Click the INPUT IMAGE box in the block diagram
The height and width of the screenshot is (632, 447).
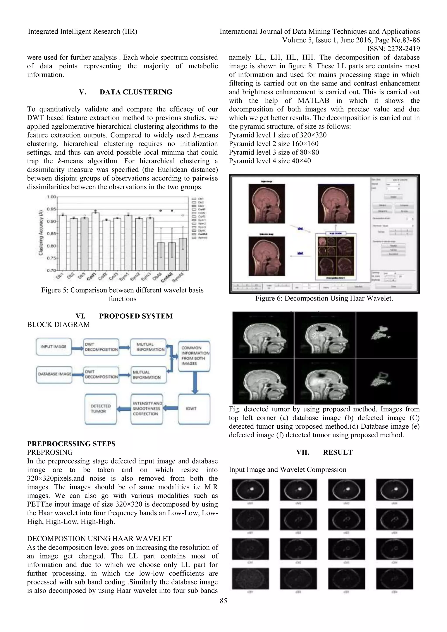coord(54,347)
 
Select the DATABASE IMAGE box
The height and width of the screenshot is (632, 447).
coord(54,374)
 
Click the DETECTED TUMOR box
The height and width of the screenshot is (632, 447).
coord(101,409)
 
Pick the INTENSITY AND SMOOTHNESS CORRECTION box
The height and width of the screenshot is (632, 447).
coord(147,409)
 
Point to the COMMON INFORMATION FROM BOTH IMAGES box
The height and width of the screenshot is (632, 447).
coord(194,356)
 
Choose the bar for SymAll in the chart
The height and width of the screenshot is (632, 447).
coord(183,254)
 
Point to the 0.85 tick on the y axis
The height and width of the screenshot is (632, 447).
coord(51,234)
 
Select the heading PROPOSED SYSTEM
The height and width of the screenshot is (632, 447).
coord(136,316)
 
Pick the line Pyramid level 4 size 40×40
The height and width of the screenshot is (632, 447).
coord(270,161)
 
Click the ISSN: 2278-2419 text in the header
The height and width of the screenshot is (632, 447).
coord(393,49)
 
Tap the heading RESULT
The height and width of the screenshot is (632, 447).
coord(337,453)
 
